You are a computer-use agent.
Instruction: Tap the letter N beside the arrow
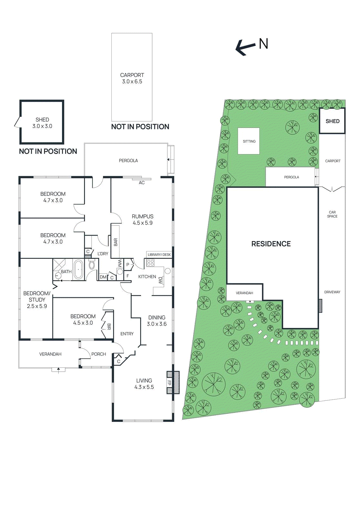263,44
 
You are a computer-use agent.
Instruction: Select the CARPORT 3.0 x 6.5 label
132,78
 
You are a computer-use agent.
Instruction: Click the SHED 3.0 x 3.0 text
42,123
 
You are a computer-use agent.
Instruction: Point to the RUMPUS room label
142,219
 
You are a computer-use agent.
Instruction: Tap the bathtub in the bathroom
78,269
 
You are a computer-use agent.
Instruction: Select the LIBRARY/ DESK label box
159,255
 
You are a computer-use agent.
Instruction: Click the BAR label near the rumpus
116,242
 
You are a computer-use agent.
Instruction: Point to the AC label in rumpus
142,183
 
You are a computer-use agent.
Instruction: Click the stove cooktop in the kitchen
150,263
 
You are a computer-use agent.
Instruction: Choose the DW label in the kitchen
160,280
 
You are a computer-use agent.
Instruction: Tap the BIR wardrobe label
109,326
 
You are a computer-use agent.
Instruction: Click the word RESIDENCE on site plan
271,244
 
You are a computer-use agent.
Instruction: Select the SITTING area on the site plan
249,141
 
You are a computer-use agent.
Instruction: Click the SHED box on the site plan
332,121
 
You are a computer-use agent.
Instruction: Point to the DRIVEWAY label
332,292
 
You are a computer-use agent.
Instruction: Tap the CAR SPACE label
332,214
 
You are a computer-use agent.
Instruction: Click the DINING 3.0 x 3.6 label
157,321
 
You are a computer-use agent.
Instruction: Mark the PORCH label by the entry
98,354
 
